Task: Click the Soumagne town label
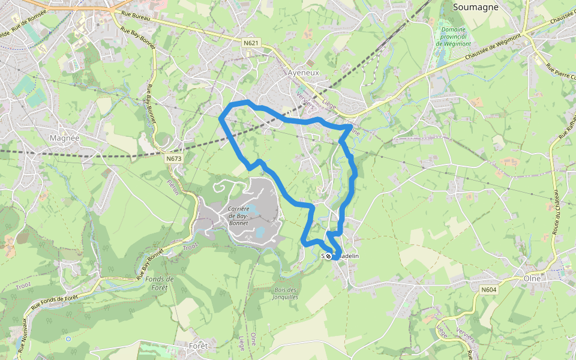pyautogui.click(x=478, y=7)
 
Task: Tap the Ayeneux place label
pyautogui.click(x=304, y=72)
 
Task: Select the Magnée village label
pyautogui.click(x=65, y=137)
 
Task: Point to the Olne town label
pyautogui.click(x=532, y=278)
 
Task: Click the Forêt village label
pyautogui.click(x=198, y=346)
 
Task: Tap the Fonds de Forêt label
pyautogui.click(x=160, y=283)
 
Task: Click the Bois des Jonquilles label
pyautogui.click(x=285, y=293)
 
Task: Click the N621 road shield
pyautogui.click(x=251, y=43)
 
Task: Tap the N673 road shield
pyautogui.click(x=173, y=158)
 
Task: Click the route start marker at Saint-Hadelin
pyautogui.click(x=328, y=256)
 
